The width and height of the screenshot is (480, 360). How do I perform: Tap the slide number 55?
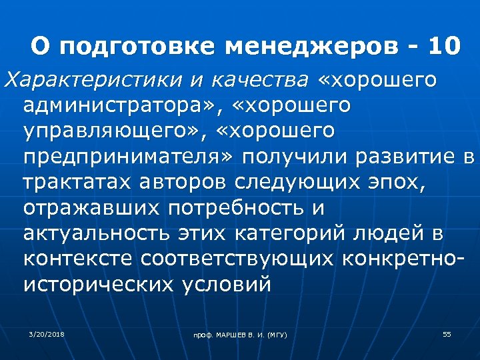coord(447,333)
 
